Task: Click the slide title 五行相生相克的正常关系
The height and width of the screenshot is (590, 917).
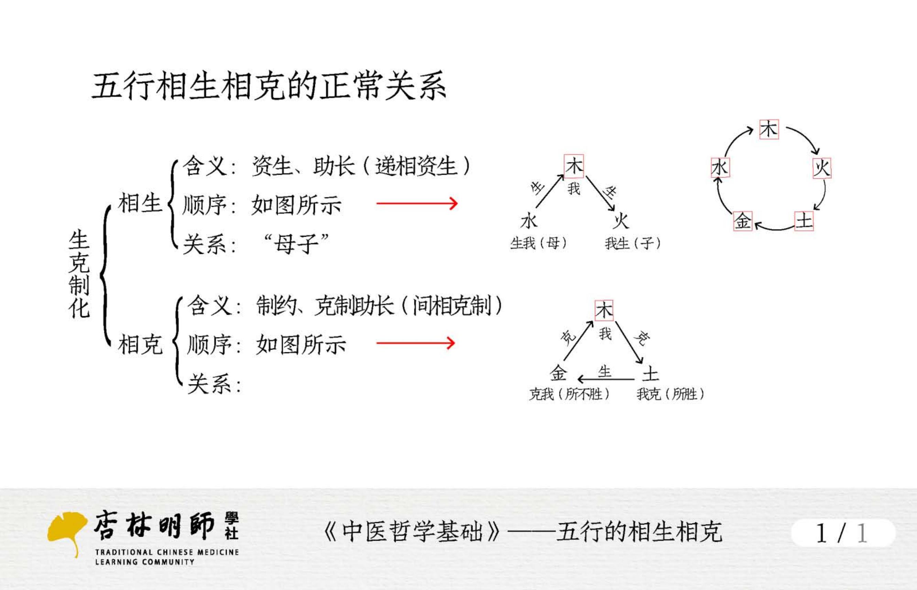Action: click(x=269, y=86)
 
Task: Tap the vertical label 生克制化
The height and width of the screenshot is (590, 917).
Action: click(x=79, y=273)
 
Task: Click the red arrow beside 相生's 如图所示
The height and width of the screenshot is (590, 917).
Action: click(x=417, y=203)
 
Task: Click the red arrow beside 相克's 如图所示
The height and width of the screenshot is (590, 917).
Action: click(x=416, y=343)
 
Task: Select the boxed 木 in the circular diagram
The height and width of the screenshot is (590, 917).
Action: click(x=769, y=129)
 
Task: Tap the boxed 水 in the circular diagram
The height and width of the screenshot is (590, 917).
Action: click(x=720, y=168)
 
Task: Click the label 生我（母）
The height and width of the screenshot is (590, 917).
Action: click(x=538, y=243)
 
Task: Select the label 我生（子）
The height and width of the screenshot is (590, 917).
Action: click(x=633, y=243)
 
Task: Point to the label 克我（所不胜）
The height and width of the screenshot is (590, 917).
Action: click(x=569, y=394)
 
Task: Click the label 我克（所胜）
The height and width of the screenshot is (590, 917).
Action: click(x=670, y=394)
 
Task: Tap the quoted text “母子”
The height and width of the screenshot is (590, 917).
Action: click(x=296, y=244)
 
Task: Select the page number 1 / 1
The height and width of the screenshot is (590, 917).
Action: click(x=842, y=533)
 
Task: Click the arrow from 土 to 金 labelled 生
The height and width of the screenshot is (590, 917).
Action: click(x=606, y=379)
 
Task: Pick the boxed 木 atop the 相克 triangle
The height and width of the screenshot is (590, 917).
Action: click(x=604, y=310)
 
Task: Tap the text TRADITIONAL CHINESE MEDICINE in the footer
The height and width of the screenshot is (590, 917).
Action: click(x=167, y=552)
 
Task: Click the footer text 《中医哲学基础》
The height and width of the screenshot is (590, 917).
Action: click(x=412, y=532)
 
